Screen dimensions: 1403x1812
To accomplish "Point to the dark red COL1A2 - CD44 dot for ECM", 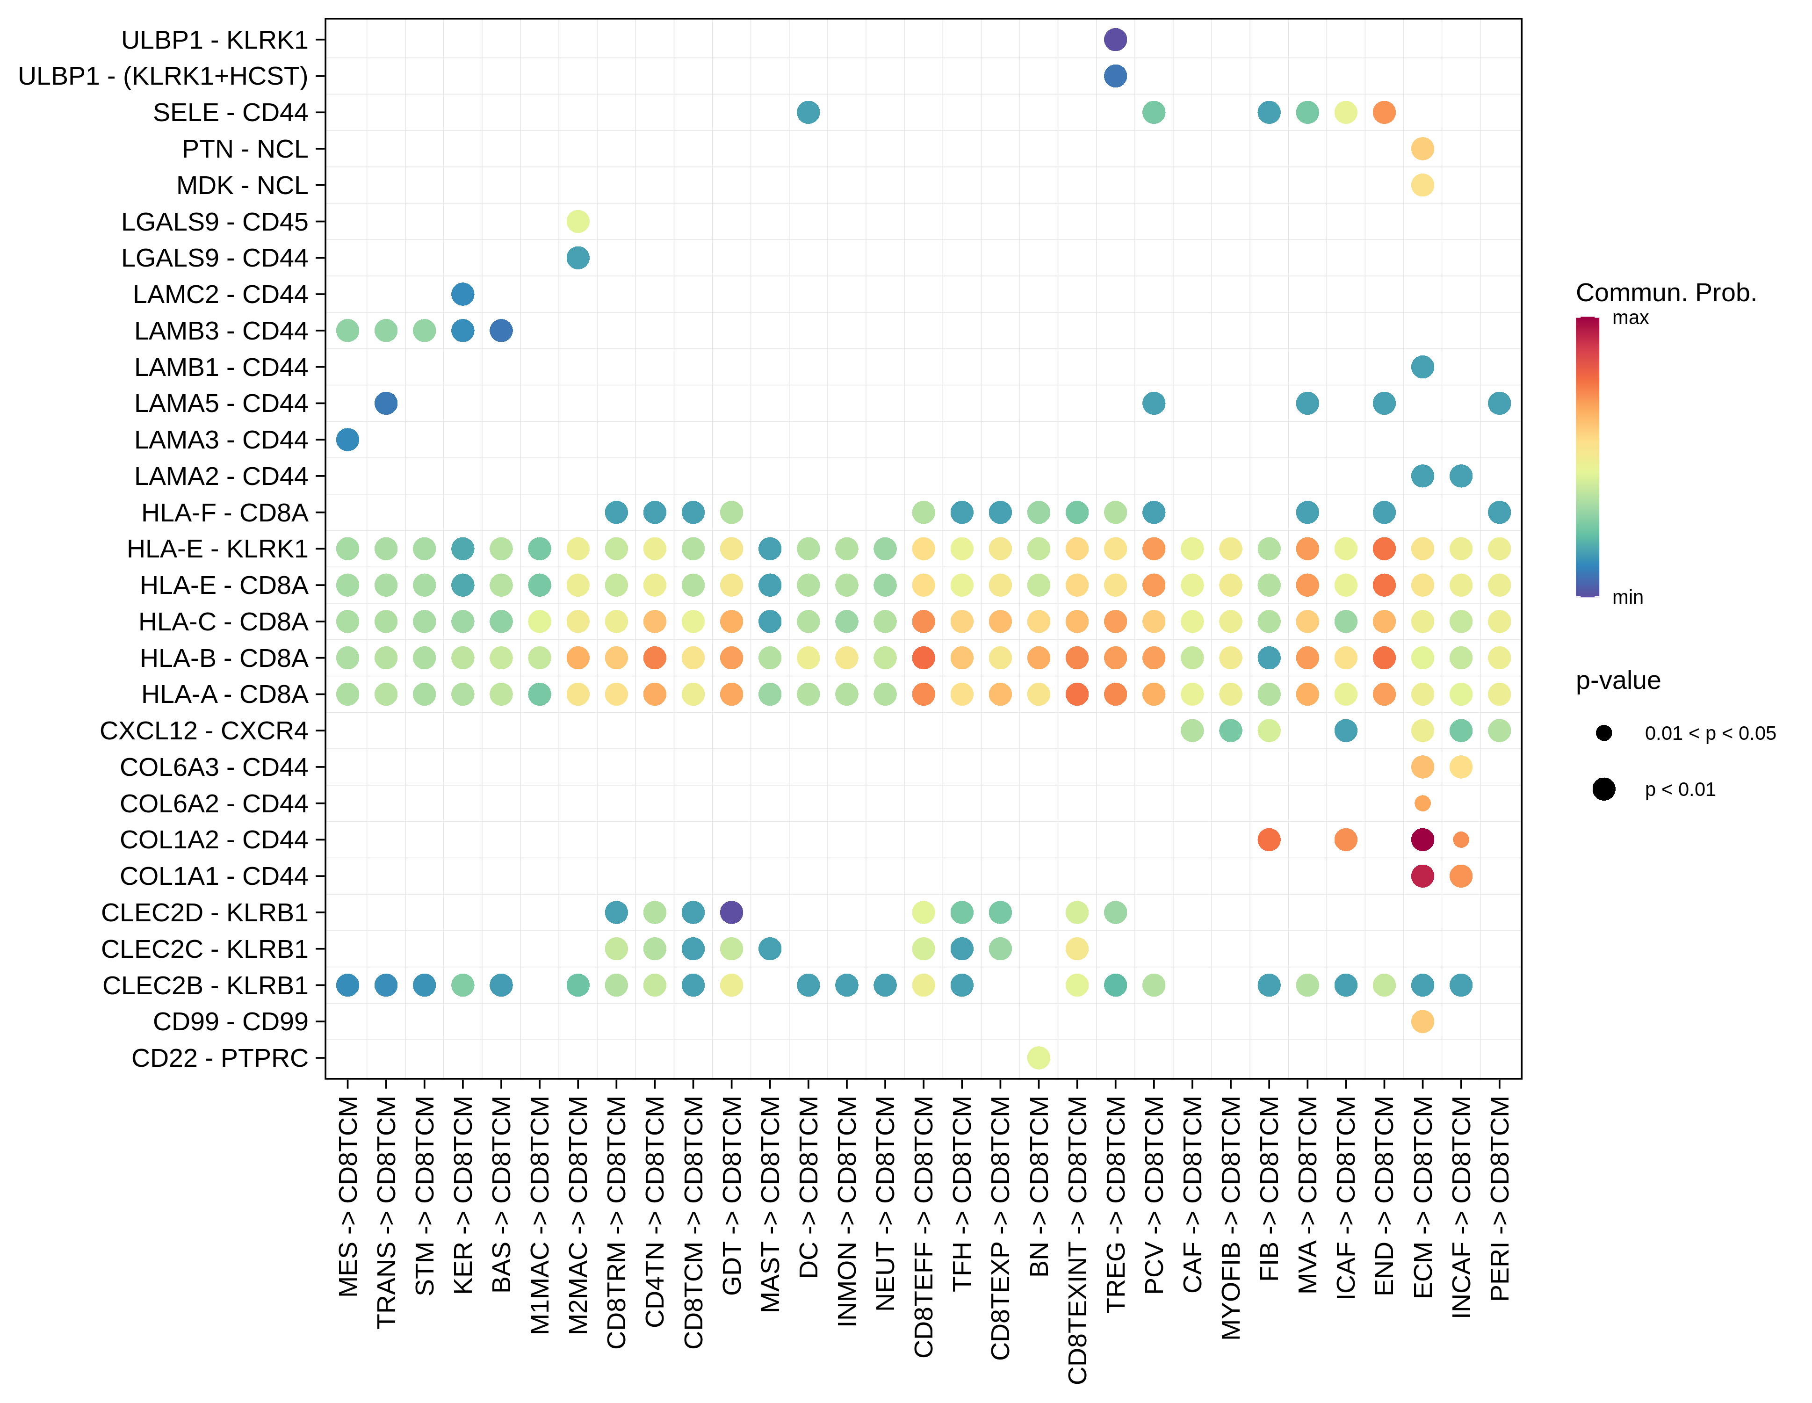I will point(1422,839).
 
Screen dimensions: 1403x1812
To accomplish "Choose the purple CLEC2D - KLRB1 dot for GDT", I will point(731,912).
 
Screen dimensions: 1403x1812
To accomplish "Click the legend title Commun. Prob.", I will point(1665,293).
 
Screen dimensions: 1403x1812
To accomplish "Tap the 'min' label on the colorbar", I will point(1627,597).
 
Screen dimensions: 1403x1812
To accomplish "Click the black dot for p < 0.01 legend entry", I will point(1603,789).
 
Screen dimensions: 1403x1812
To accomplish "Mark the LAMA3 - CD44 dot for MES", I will point(347,440).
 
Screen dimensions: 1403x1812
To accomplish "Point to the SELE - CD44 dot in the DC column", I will point(808,112).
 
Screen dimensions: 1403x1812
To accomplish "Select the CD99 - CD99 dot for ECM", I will point(1422,1021).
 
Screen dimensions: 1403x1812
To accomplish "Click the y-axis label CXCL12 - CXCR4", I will point(204,731).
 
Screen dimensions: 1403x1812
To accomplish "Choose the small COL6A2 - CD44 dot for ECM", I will point(1422,803).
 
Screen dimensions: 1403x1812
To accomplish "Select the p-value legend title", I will point(1617,680).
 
